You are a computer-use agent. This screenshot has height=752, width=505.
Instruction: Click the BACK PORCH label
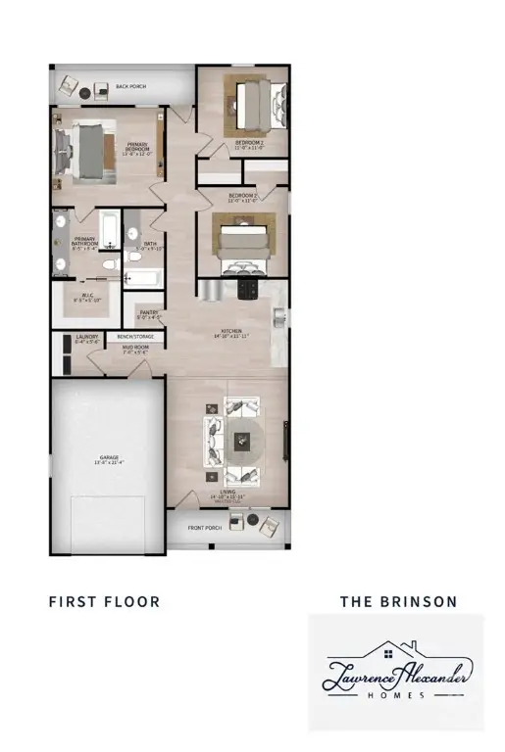point(131,87)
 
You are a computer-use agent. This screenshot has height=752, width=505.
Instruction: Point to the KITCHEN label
point(232,333)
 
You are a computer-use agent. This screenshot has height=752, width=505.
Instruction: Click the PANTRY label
point(148,313)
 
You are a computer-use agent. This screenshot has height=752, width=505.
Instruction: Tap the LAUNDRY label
point(87,339)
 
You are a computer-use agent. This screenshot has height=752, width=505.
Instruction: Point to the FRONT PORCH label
point(207,528)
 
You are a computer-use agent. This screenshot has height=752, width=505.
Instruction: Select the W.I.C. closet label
point(87,297)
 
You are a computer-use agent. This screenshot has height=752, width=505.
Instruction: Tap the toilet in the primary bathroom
point(111,259)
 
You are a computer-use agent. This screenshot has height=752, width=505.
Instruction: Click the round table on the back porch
point(85,93)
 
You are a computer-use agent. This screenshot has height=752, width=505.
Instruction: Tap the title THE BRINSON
point(398,601)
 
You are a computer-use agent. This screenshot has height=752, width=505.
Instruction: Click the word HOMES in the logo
point(396,695)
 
